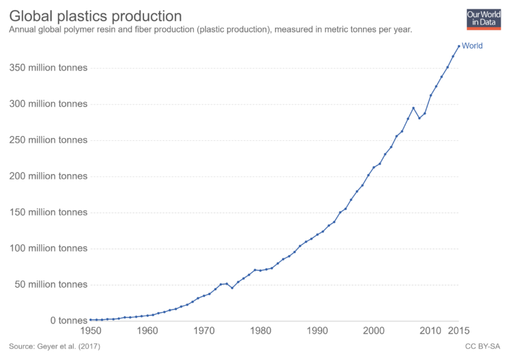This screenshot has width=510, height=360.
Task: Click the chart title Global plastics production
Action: (x=96, y=15)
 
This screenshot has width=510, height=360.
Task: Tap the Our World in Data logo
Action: (x=483, y=19)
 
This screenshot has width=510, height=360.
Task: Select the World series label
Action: (x=472, y=46)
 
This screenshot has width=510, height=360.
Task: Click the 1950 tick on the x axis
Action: (x=90, y=331)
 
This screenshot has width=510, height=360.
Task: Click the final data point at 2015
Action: (x=459, y=46)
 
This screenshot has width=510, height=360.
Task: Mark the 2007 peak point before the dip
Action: (x=414, y=108)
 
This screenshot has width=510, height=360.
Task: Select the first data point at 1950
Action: (x=90, y=319)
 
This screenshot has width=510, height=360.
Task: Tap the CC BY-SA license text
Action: (x=483, y=347)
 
